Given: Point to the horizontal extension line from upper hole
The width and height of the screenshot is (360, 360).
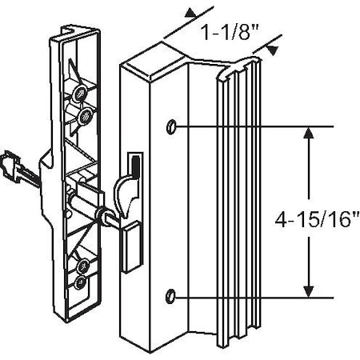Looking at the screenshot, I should tap(256, 127).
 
